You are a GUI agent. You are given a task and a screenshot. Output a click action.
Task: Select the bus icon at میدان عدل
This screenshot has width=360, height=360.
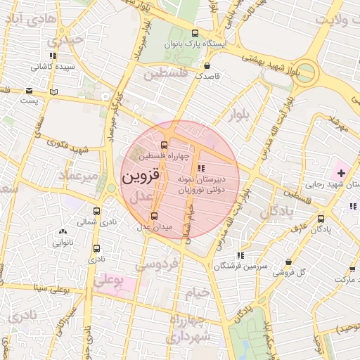tap(154, 216)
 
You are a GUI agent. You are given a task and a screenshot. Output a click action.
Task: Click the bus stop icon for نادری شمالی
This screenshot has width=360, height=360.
tap(96, 211)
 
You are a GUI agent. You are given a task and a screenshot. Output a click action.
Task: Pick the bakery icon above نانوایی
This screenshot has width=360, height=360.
tap(63, 231)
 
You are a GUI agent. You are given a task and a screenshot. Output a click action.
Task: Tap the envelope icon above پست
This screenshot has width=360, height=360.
tap(29, 91)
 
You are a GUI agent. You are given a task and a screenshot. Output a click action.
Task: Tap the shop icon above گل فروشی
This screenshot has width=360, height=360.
tap(288, 262)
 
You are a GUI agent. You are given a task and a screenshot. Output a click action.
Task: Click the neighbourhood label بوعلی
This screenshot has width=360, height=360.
tap(109, 281)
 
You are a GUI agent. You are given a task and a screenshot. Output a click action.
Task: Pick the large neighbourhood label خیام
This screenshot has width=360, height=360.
tap(196, 292)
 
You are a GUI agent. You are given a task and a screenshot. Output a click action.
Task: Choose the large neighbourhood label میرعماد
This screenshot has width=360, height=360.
tap(78, 175)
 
